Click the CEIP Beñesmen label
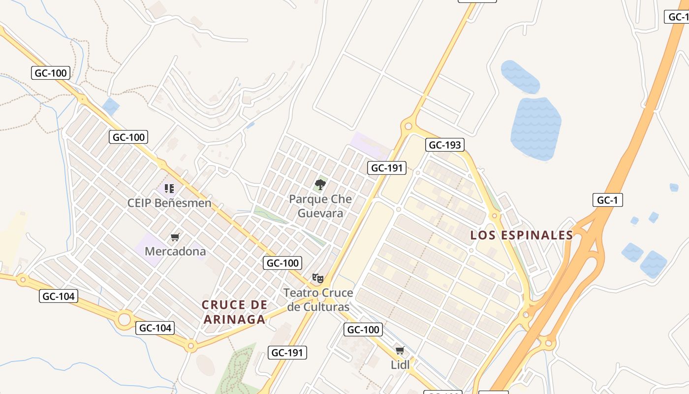(169, 203)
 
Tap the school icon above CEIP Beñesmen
(169, 188)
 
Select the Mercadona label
(175, 251)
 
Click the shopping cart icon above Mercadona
(175, 237)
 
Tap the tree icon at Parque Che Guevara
(320, 185)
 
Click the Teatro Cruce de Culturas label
(318, 299)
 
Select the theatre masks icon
(318, 279)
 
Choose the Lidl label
(400, 365)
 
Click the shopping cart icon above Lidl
(400, 351)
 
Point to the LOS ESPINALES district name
(522, 235)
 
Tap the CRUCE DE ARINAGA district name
(234, 312)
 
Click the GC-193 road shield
(445, 145)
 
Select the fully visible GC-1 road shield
(608, 200)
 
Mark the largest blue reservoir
(535, 129)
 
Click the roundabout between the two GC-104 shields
(125, 319)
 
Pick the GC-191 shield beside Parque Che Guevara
(387, 168)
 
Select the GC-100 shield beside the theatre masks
(282, 263)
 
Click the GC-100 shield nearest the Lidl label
(363, 329)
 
